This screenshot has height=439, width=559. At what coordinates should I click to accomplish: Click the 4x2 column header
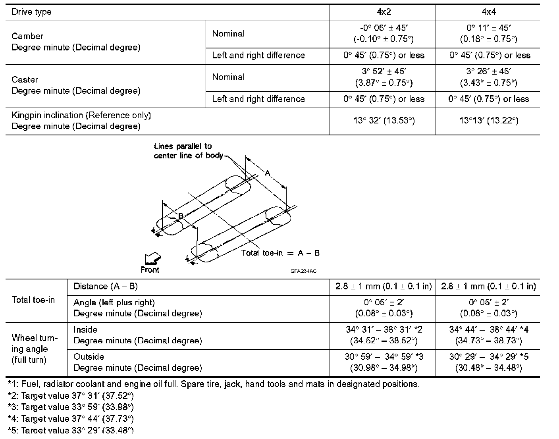(384, 12)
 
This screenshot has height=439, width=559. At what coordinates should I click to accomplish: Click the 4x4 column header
(488, 12)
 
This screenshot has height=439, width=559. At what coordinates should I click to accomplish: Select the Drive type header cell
(32, 12)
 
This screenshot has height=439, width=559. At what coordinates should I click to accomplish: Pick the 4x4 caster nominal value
(488, 77)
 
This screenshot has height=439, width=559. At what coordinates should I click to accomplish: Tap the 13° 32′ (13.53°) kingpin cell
(384, 121)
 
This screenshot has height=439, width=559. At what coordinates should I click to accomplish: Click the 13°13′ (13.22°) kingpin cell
(488, 121)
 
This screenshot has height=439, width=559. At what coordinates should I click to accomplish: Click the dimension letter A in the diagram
(268, 173)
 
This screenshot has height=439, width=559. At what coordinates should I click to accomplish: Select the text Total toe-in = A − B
(280, 253)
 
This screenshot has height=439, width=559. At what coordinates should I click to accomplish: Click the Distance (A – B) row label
(106, 287)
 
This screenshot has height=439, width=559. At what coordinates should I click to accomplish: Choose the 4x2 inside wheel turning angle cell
(384, 335)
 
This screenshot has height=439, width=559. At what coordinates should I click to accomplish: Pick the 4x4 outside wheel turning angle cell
(488, 362)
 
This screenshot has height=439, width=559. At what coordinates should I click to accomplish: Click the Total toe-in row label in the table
(33, 300)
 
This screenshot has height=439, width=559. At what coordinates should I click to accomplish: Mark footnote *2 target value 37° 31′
(71, 396)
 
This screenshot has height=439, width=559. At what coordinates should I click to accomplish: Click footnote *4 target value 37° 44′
(71, 419)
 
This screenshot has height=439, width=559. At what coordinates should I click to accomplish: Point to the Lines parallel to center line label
(188, 151)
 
